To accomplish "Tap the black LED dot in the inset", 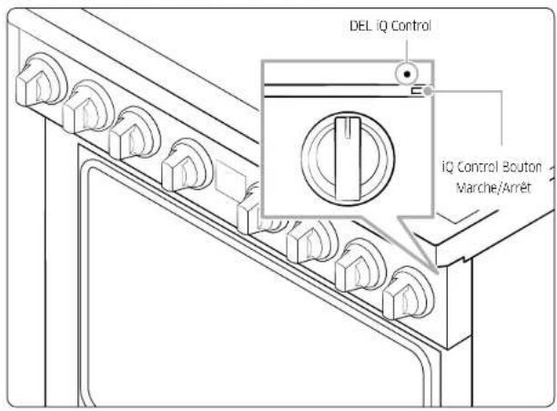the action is tap(408, 75).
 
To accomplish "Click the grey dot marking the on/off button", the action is tap(429, 91).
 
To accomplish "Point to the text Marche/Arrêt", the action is tap(493, 187).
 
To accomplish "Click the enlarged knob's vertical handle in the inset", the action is tap(348, 159).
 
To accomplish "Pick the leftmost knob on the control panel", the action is tap(40, 81).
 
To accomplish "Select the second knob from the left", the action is tap(87, 108).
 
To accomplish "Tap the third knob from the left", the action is tap(135, 134).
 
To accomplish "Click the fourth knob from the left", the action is tap(187, 165).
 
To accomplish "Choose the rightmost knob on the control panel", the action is tap(408, 293).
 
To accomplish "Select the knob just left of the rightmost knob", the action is tap(360, 265).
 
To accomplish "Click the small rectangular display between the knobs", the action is tap(230, 180).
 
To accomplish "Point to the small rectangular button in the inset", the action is tap(417, 91).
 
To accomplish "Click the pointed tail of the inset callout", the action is tap(438, 272).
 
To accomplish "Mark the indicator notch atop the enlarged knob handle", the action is tap(348, 128).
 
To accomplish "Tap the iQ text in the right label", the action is tap(449, 167).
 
